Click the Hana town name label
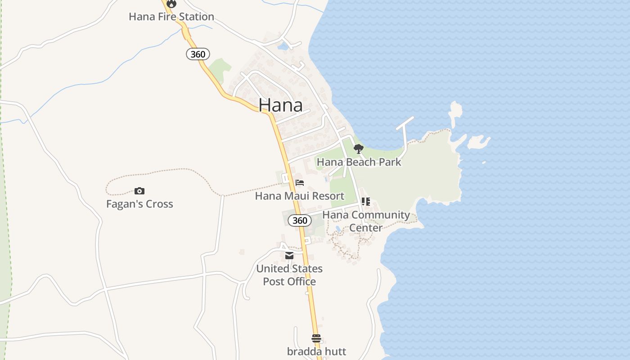[x=280, y=105]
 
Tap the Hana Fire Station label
[x=171, y=17]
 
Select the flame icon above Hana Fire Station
[x=171, y=4]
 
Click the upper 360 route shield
[x=198, y=54]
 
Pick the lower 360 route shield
[x=300, y=220]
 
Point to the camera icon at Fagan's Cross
[x=139, y=191]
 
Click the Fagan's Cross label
[x=139, y=204]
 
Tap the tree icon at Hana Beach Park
[x=358, y=149]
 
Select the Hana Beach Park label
[x=359, y=162]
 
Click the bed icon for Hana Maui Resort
[x=300, y=183]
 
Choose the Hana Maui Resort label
[x=300, y=196]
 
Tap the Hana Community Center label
[x=366, y=221]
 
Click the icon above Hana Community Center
[x=366, y=202]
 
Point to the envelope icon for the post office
[x=289, y=256]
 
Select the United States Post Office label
[x=289, y=275]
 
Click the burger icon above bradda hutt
[x=316, y=338]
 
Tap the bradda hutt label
[x=316, y=351]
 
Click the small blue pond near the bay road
[x=283, y=46]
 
